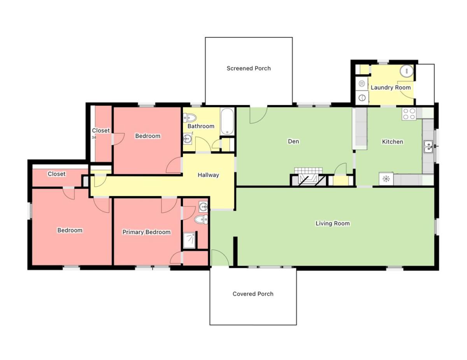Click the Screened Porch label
tap(249, 68)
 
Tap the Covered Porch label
tap(253, 294)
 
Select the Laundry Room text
tap(391, 87)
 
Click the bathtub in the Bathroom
tap(227, 121)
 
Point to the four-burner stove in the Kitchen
tap(409, 114)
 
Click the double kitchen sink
tap(428, 147)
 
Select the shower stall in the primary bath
tap(190, 240)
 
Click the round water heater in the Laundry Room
tap(407, 71)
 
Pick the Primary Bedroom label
tap(146, 232)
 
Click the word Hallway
tap(208, 175)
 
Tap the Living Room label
tap(332, 224)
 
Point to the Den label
tap(293, 141)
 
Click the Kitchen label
tap(392, 142)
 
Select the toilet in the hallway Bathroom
tap(190, 118)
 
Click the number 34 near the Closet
tap(94, 137)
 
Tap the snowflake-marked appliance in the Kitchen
tap(386, 178)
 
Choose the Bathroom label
tap(201, 126)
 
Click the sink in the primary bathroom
tap(203, 207)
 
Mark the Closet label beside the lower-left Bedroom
tap(56, 174)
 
